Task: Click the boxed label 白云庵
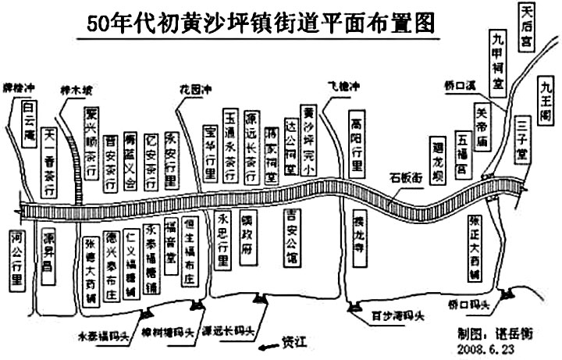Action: pos(29,116)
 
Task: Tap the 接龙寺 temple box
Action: pos(358,233)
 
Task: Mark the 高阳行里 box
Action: pos(356,144)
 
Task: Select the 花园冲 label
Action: pos(195,90)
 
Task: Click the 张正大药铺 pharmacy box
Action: pos(475,249)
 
